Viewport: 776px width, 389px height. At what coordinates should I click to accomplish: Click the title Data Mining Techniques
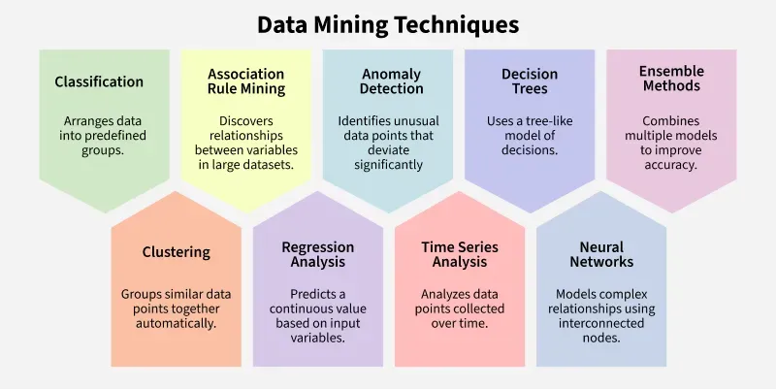click(388, 23)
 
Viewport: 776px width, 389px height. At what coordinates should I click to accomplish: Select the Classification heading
click(99, 81)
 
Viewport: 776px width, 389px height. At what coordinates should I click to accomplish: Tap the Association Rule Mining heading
click(246, 81)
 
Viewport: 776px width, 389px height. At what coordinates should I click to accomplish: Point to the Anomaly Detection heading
click(387, 81)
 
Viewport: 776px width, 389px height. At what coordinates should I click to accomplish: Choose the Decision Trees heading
click(529, 81)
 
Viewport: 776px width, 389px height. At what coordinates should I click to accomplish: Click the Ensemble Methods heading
click(671, 79)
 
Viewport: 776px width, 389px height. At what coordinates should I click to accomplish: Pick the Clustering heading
click(176, 252)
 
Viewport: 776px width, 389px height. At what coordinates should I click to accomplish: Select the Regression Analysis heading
click(317, 254)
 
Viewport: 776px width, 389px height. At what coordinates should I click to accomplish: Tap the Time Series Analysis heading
click(460, 254)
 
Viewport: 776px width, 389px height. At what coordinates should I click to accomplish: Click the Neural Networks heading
click(601, 254)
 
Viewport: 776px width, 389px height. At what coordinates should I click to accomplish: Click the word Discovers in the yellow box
click(246, 121)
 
